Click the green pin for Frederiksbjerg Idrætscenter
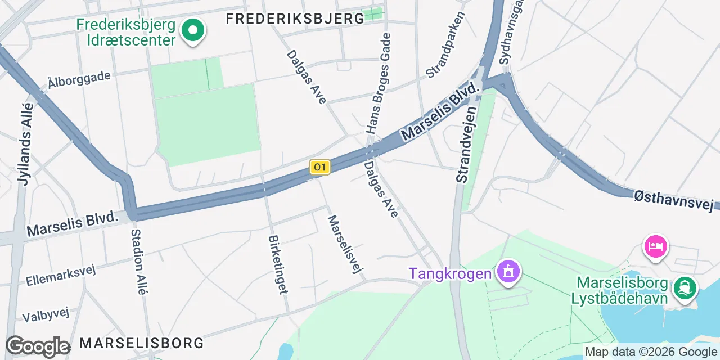[192, 30]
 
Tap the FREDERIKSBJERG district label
[295, 19]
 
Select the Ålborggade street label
[79, 79]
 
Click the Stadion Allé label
[139, 262]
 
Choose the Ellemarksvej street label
[60, 274]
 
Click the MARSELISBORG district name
[141, 343]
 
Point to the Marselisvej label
[343, 244]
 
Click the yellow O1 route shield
[319, 167]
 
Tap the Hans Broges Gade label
[378, 83]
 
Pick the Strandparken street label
[445, 45]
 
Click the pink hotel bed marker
[656, 246]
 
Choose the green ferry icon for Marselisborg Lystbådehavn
[685, 287]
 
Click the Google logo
[38, 346]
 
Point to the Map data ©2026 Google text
[651, 352]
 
